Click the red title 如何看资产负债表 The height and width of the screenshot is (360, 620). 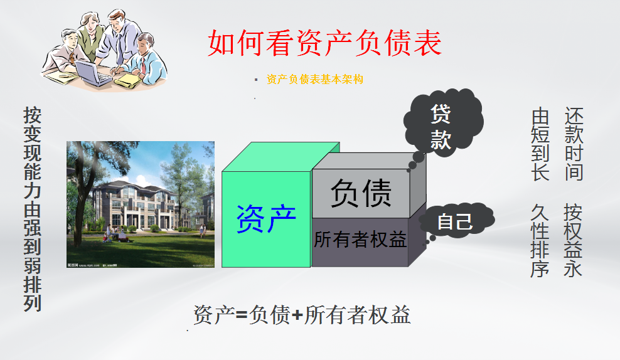[x=324, y=43]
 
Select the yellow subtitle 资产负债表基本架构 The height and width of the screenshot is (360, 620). [x=314, y=79]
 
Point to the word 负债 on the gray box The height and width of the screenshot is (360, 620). [x=361, y=193]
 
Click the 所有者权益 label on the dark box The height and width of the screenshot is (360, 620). [x=360, y=240]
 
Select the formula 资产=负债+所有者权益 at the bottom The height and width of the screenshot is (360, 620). [x=302, y=315]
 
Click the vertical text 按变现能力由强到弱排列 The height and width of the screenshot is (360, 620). [x=33, y=209]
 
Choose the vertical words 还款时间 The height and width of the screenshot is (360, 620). [x=574, y=144]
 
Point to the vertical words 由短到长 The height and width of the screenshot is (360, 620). [x=540, y=144]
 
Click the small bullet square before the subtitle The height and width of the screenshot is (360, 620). [x=256, y=80]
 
